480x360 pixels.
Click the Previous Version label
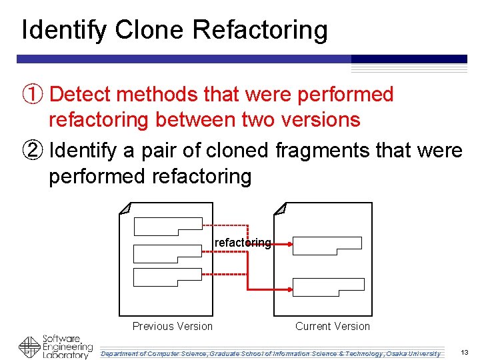172,326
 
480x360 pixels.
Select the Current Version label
332,326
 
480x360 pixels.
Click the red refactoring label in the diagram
243,243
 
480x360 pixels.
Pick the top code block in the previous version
167,227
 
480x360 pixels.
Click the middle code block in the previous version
167,253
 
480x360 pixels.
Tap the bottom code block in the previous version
167,277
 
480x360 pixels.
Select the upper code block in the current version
327,245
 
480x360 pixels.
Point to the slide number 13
465,352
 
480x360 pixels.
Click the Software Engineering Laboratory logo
56,347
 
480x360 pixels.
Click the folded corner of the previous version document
125,209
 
